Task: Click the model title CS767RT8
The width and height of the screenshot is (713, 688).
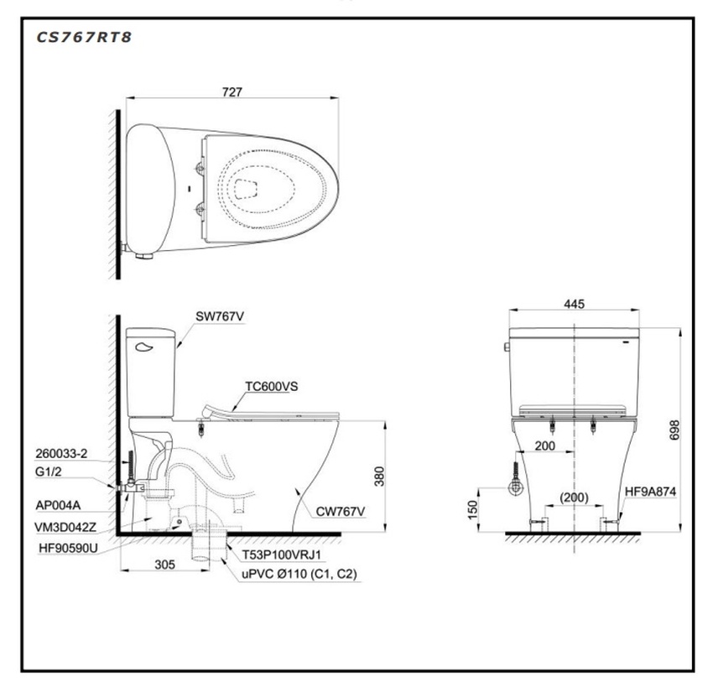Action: [x=84, y=37]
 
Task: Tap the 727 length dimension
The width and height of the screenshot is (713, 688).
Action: [x=232, y=91]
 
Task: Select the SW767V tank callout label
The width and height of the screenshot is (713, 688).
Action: [x=220, y=316]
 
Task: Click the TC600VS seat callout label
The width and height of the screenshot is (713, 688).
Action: [x=272, y=387]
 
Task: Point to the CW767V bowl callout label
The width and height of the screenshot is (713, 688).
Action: [x=340, y=512]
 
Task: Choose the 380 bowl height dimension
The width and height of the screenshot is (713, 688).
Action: [x=379, y=476]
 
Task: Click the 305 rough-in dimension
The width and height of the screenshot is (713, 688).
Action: [x=164, y=565]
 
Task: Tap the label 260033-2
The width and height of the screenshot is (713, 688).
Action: [x=61, y=453]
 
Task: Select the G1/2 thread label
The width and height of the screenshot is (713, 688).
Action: [x=48, y=472]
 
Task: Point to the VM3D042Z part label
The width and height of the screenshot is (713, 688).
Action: [x=65, y=527]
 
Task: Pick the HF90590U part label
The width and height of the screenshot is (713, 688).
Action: [x=68, y=548]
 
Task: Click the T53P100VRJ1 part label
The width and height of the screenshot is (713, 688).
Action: [x=282, y=555]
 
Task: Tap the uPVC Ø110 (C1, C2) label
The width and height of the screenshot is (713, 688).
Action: [x=299, y=574]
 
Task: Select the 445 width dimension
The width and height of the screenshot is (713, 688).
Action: [x=574, y=305]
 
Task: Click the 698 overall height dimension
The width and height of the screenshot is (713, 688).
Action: [x=674, y=430]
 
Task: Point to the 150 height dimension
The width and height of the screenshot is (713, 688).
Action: [x=473, y=509]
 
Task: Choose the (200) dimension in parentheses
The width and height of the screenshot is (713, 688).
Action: [x=574, y=498]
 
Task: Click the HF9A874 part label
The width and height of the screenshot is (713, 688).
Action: [x=650, y=492]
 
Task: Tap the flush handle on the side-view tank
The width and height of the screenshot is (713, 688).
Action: [x=144, y=347]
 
